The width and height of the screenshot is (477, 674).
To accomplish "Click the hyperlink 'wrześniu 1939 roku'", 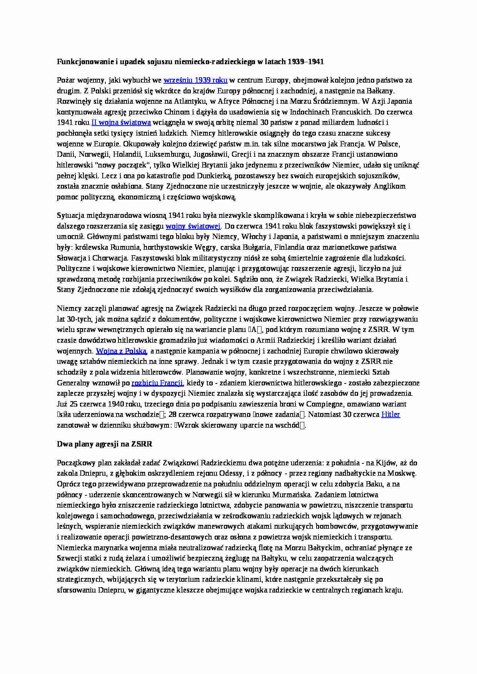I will pos(195,80).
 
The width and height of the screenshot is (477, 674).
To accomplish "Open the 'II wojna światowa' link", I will pos(121,123).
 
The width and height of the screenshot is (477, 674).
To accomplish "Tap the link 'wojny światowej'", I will pos(193,226).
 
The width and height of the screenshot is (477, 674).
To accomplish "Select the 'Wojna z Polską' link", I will pos(121,351).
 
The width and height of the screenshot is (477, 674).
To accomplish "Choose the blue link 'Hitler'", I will pos(390,415).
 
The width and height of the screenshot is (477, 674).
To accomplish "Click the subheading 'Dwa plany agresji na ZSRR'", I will pos(105,444).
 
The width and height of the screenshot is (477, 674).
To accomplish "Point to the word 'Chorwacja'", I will pos(106,258).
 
